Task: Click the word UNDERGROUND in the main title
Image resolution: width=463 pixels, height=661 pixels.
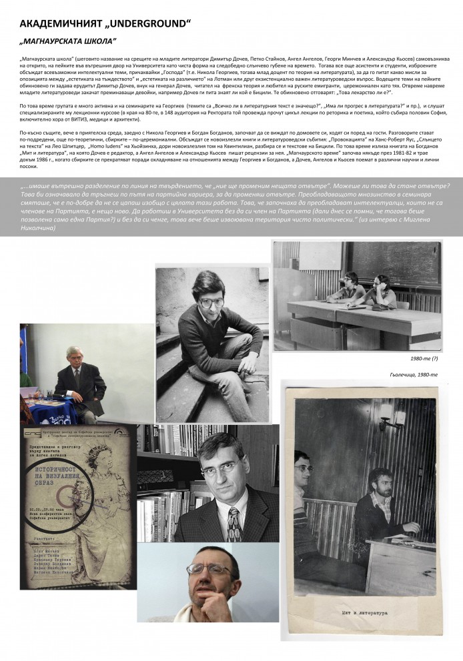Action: coord(147,24)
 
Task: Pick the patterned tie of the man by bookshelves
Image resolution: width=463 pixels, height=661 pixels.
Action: coord(234,524)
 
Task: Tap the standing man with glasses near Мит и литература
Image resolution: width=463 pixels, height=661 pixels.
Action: coord(304,494)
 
